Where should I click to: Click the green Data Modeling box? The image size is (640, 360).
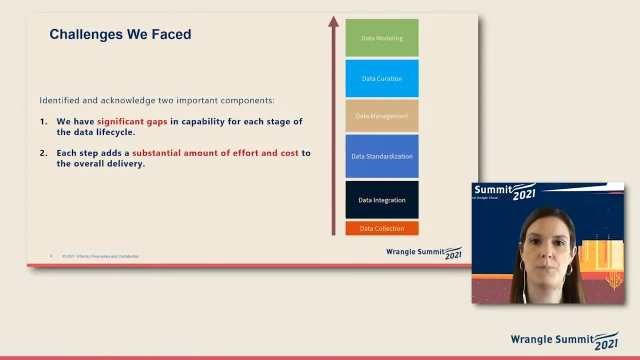pos(382,37)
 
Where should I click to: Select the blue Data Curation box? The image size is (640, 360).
pos(382,78)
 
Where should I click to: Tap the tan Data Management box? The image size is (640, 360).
pos(382,116)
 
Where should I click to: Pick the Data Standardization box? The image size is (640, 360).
pos(382,156)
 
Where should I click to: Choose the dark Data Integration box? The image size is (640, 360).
pos(382,200)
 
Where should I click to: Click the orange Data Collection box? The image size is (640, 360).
pos(382,228)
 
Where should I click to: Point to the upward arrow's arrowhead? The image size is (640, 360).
pos(334,19)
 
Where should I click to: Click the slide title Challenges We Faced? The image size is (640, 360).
pos(120,35)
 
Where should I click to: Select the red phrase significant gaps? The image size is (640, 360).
pos(132,122)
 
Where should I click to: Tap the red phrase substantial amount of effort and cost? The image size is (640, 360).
pos(215,153)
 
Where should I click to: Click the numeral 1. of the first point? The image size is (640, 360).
pos(44,122)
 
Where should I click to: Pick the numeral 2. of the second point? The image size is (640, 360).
pos(44,153)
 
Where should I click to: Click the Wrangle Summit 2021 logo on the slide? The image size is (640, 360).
pos(424,253)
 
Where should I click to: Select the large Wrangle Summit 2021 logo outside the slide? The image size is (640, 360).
pos(564,340)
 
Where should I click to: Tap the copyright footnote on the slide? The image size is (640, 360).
pos(100,256)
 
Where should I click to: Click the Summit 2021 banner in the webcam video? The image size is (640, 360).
pos(511,191)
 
